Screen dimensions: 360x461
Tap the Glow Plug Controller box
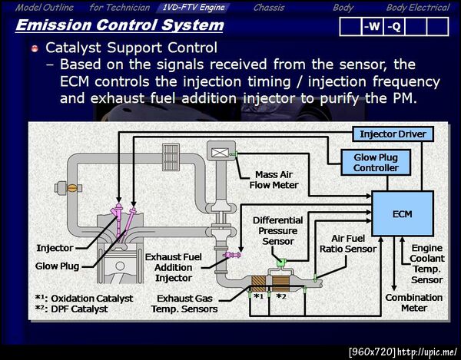[x=376, y=162]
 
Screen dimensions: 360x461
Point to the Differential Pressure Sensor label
[x=278, y=230]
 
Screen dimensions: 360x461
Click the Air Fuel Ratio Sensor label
[x=348, y=244]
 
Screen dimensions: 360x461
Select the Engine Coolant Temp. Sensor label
[x=426, y=264]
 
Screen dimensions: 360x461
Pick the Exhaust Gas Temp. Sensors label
[x=187, y=303]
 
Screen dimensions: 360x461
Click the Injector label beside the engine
[x=55, y=248]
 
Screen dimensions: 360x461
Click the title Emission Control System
[x=119, y=25]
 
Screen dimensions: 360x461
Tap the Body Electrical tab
[x=418, y=7]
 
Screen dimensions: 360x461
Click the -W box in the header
[x=372, y=26]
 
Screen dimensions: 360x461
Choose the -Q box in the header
[x=393, y=26]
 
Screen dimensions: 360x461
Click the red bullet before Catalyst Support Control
[x=35, y=48]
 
